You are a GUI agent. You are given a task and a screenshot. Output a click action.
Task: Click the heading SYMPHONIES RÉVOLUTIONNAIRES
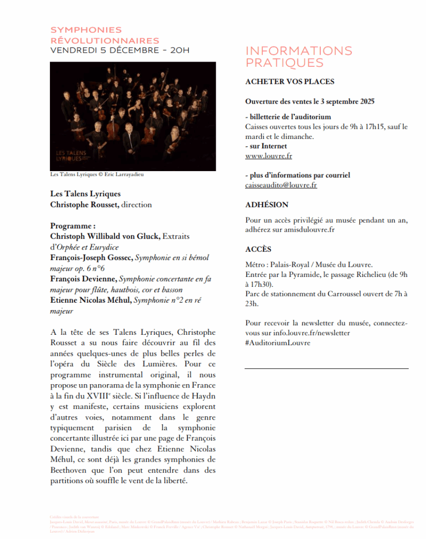click(x=105, y=35)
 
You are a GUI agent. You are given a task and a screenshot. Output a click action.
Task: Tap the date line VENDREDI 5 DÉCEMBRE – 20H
click(x=120, y=51)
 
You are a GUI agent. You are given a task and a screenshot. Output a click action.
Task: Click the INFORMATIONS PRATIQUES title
click(x=299, y=57)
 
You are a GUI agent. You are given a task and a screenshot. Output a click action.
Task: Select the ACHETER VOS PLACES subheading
click(x=290, y=82)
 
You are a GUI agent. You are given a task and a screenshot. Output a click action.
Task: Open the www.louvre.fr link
click(x=268, y=156)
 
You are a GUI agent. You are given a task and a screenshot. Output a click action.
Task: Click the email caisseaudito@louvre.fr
click(x=281, y=185)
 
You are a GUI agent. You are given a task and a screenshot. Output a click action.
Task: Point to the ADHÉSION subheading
click(x=267, y=205)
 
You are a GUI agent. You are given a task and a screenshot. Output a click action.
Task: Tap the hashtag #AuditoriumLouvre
click(x=278, y=343)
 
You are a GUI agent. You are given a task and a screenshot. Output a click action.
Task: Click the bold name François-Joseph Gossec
click(x=92, y=257)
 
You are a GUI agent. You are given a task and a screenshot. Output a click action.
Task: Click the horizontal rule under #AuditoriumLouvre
click(x=326, y=368)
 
